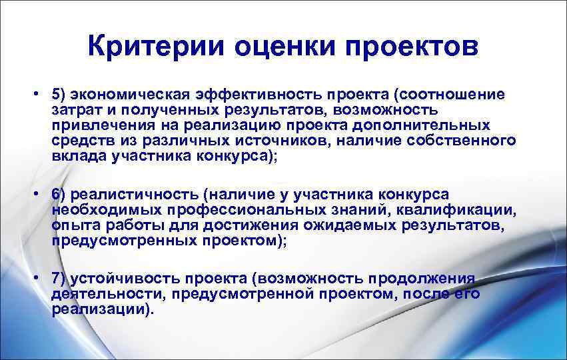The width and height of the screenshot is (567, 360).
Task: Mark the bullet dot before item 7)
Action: tap(41, 277)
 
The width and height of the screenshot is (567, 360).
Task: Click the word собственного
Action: tap(459, 140)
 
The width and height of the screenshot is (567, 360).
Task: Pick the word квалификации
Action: tap(459, 210)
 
